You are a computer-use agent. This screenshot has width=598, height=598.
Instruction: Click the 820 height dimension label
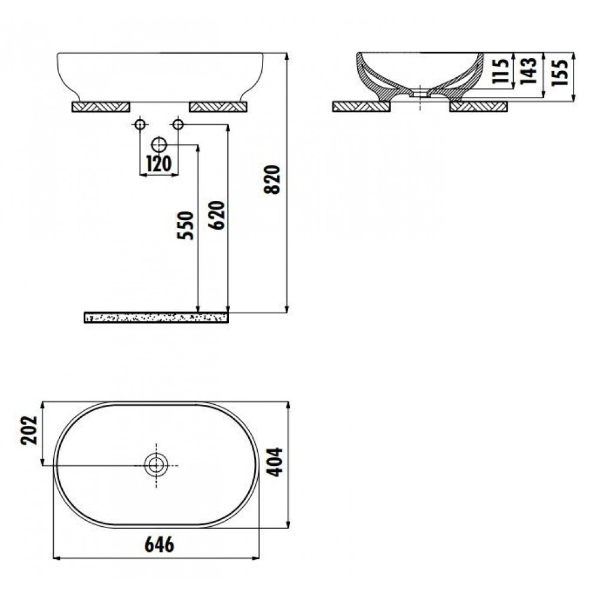(272, 179)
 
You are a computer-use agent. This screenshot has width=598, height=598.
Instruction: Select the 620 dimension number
(216, 215)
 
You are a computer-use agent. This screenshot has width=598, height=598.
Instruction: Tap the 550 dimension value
(185, 225)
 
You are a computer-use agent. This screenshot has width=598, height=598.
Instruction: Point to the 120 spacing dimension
(159, 164)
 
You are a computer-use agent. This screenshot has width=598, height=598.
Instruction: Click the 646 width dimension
(160, 544)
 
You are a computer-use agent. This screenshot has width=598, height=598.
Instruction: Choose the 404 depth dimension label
(274, 462)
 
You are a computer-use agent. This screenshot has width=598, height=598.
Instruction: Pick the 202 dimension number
(29, 430)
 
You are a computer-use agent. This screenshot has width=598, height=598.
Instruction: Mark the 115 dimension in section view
(500, 71)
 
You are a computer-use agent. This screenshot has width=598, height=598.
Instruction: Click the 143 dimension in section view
(529, 71)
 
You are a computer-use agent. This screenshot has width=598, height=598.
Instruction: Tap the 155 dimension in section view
(560, 72)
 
